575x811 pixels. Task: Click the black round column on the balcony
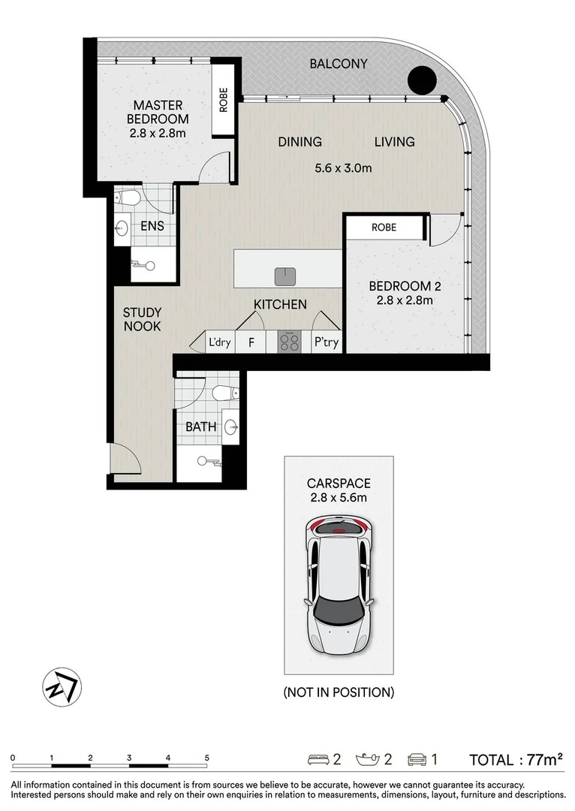click(422, 80)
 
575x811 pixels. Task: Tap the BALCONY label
click(339, 64)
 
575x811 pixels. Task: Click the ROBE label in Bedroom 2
click(384, 227)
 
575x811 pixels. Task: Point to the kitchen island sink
click(284, 276)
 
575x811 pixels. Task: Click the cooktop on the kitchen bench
click(289, 342)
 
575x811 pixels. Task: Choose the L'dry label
click(220, 343)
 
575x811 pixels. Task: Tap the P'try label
click(327, 343)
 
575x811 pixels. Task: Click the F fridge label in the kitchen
click(251, 343)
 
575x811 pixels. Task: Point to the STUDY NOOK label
click(143, 319)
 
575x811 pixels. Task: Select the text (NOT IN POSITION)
click(339, 692)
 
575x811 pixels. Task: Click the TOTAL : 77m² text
click(516, 760)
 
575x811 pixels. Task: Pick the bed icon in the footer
click(318, 760)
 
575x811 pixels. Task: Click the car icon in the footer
click(417, 760)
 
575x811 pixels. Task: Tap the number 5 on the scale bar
click(206, 758)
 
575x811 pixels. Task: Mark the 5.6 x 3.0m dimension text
click(343, 168)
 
